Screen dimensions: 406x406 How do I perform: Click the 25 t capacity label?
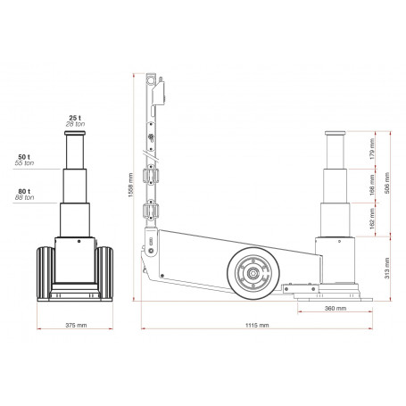(74, 117)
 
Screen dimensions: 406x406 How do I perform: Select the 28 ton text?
(74, 123)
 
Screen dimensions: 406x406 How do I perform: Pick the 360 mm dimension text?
(335, 308)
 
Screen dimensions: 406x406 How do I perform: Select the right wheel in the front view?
(105, 273)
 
